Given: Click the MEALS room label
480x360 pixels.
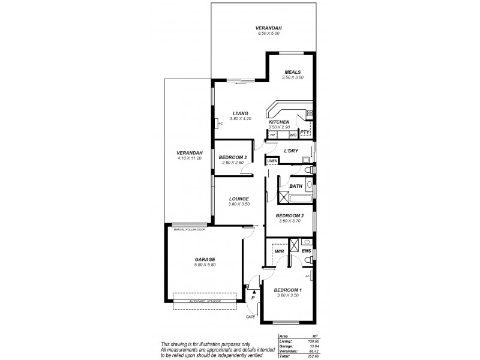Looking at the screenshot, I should click(293, 72).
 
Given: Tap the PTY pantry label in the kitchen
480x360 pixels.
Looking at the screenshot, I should click(304, 133).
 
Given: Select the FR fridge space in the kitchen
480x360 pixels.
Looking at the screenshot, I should click(272, 136).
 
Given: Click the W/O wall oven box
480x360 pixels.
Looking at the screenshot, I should click(292, 136).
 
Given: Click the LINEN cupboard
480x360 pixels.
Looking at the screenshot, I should click(272, 161).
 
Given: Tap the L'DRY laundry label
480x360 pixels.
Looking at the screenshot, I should click(291, 151).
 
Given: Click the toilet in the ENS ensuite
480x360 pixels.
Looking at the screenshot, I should click(307, 259).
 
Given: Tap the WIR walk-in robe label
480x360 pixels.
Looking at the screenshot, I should click(279, 251).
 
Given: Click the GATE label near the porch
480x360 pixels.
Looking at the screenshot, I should click(250, 317).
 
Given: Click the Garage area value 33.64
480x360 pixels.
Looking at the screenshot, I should click(305, 346).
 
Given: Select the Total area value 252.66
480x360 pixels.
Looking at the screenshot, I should click(305, 356).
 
